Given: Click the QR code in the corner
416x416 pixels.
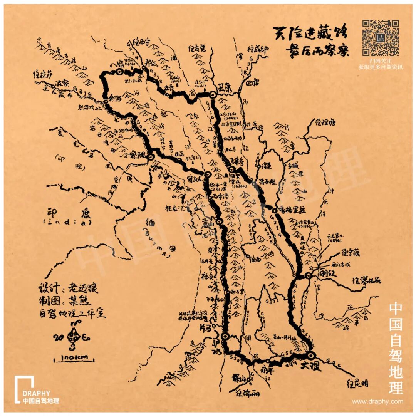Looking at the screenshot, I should tap(380, 38).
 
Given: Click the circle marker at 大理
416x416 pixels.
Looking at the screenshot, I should tap(311, 355).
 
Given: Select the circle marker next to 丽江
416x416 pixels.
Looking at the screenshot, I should tap(308, 275).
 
